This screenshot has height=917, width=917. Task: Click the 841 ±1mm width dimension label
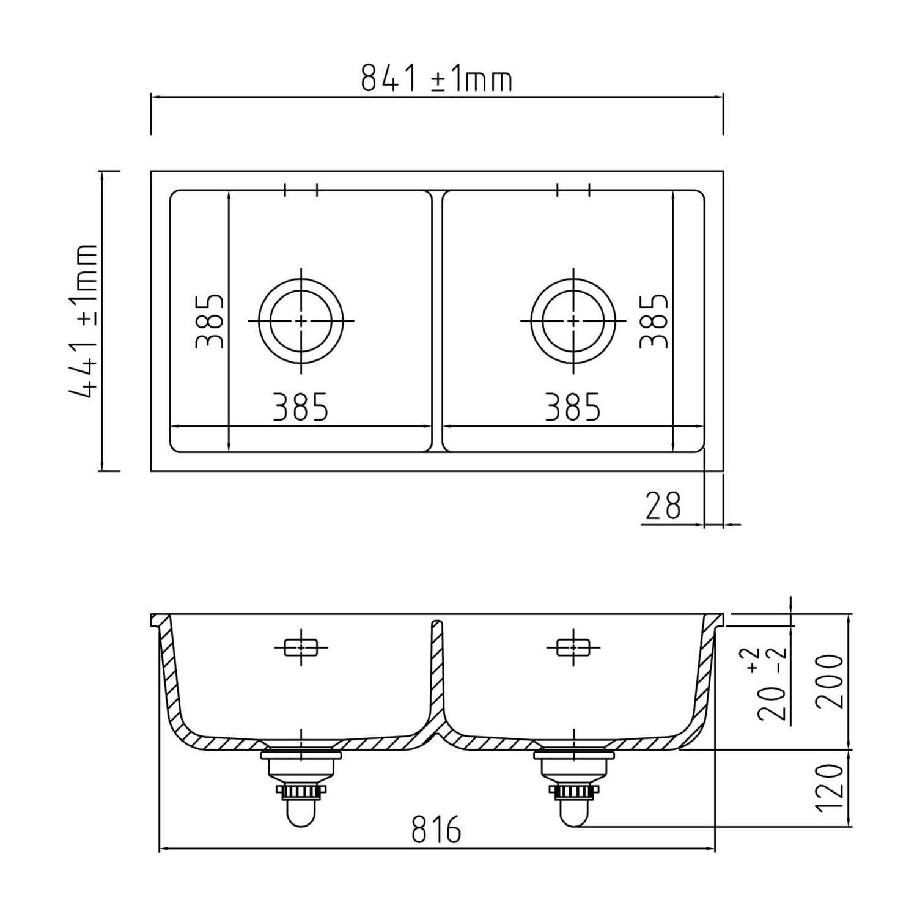coord(436,79)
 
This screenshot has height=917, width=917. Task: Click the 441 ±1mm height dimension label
coord(84,322)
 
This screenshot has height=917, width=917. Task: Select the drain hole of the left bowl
coord(301,320)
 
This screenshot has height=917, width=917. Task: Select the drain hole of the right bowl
coord(573,320)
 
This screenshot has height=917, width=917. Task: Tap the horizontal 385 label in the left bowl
coord(300,407)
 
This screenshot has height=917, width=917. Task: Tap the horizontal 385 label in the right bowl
coord(573,407)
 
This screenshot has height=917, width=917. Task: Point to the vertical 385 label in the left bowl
coord(210,322)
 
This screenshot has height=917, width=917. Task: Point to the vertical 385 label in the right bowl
coord(653,322)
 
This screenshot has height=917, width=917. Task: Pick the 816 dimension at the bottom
coord(436,830)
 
